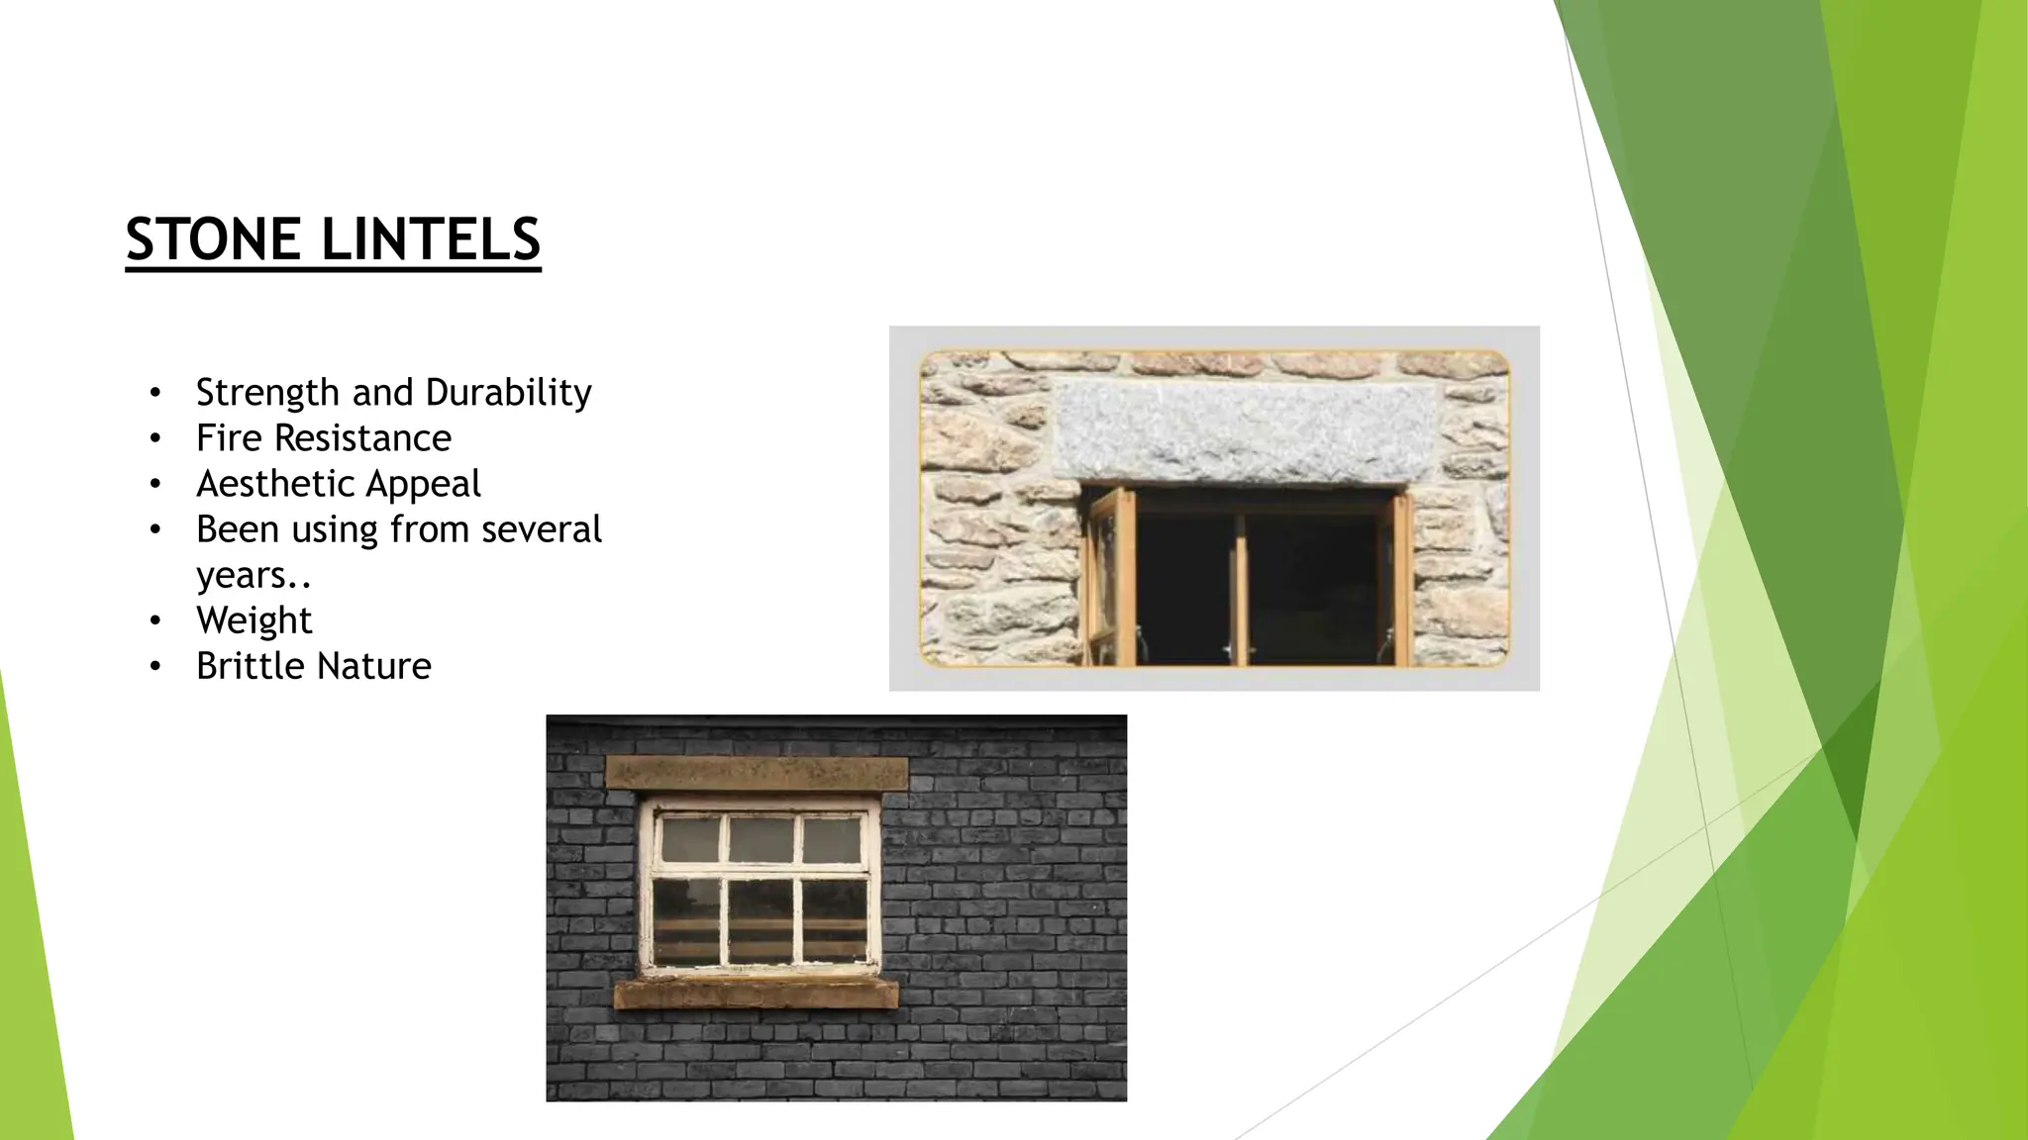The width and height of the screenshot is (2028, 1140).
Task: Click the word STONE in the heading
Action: pyautogui.click(x=213, y=239)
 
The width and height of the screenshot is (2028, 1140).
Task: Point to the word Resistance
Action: pyautogui.click(x=362, y=438)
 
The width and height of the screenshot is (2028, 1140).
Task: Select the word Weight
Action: pyautogui.click(x=253, y=620)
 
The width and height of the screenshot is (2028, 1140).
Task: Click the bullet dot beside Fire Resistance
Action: pyautogui.click(x=154, y=438)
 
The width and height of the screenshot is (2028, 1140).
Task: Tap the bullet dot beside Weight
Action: pyautogui.click(x=154, y=621)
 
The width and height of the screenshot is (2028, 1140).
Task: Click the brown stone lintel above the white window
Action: pyautogui.click(x=757, y=773)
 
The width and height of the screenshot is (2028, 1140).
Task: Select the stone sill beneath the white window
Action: pyautogui.click(x=757, y=993)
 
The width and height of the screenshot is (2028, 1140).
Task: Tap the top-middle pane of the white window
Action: pyautogui.click(x=760, y=840)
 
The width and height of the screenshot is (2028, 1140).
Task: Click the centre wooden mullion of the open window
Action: pyautogui.click(x=1240, y=589)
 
